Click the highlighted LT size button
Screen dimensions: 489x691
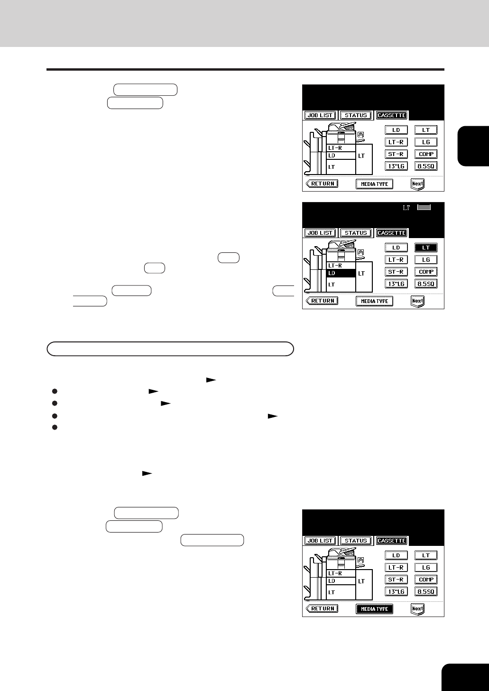(x=426, y=248)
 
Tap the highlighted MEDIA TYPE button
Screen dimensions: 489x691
(x=374, y=608)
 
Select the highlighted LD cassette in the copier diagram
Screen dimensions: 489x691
(x=341, y=273)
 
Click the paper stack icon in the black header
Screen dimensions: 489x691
(x=424, y=207)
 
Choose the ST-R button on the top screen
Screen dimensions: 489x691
(x=396, y=154)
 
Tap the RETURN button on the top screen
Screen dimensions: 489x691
(x=322, y=184)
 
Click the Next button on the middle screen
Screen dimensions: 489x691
(x=417, y=301)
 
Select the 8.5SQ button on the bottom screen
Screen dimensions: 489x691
(x=426, y=591)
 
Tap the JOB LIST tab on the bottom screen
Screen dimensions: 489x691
(x=320, y=541)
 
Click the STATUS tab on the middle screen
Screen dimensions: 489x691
(x=356, y=233)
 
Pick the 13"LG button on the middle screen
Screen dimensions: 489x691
(x=396, y=284)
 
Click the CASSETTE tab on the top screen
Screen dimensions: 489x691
(x=391, y=115)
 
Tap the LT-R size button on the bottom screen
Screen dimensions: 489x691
(x=396, y=567)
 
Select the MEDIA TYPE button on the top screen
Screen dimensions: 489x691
(x=374, y=184)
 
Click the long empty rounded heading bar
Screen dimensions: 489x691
(x=170, y=349)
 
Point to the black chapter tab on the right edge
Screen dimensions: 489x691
(x=473, y=146)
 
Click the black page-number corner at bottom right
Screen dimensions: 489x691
(x=465, y=677)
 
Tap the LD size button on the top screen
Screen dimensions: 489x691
(x=396, y=130)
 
